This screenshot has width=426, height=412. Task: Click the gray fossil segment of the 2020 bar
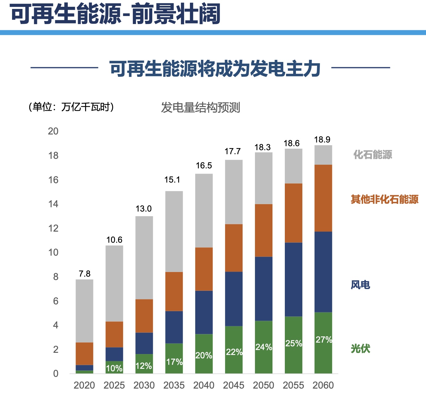(84, 311)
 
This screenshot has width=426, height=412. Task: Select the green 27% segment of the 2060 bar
(323, 342)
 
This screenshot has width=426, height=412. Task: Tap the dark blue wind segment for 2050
(264, 289)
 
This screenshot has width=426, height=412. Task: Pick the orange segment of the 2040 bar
(204, 269)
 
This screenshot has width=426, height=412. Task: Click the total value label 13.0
(144, 209)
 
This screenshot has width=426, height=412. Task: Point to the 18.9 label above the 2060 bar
(322, 140)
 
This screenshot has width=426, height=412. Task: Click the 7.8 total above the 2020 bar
(84, 274)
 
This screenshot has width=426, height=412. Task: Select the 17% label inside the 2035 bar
(174, 362)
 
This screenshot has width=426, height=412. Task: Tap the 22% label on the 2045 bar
(234, 352)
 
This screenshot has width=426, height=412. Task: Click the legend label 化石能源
(373, 154)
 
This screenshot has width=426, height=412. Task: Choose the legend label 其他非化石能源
(385, 200)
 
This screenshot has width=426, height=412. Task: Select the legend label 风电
(360, 285)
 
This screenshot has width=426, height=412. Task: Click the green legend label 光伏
(360, 349)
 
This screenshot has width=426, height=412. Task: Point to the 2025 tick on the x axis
(114, 385)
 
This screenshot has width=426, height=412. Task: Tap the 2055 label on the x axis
(293, 385)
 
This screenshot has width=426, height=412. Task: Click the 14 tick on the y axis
(53, 204)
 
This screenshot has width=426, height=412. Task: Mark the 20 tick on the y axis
(53, 131)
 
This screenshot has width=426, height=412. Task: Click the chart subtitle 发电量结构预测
(200, 108)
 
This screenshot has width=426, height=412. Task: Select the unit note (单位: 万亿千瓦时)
(71, 107)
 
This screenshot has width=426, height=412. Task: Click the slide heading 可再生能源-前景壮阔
(116, 14)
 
